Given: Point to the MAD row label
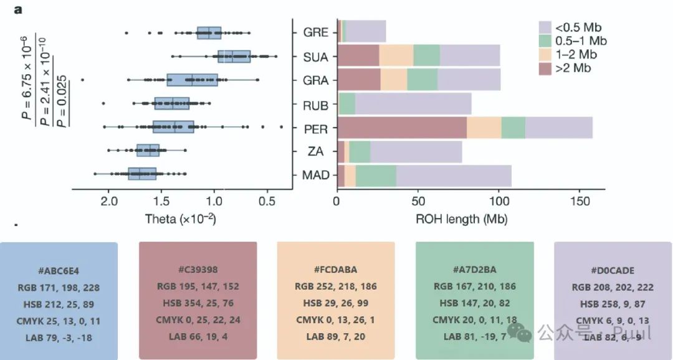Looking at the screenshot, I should click(x=316, y=176).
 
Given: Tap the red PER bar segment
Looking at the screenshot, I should click(x=402, y=128).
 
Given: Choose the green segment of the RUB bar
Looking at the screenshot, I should click(x=347, y=104).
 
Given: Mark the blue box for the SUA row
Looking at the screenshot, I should click(x=234, y=56).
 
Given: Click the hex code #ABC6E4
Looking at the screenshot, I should click(x=58, y=271).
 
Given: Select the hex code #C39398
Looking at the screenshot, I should click(x=198, y=270).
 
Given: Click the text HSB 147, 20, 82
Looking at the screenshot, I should click(x=474, y=303).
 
